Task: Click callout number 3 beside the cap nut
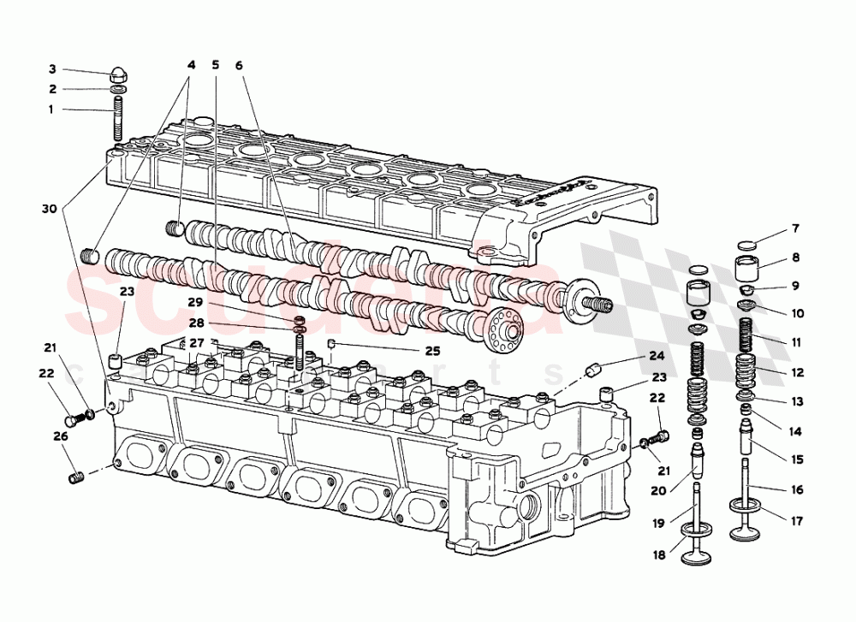click(51, 69)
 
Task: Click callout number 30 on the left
click(50, 208)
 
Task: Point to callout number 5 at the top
click(215, 65)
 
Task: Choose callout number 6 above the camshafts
click(239, 65)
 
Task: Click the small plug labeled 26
click(74, 475)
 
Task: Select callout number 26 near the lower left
click(58, 436)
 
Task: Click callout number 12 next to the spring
click(796, 372)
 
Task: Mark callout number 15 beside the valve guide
click(796, 459)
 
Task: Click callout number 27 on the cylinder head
click(198, 343)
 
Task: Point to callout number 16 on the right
click(796, 490)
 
